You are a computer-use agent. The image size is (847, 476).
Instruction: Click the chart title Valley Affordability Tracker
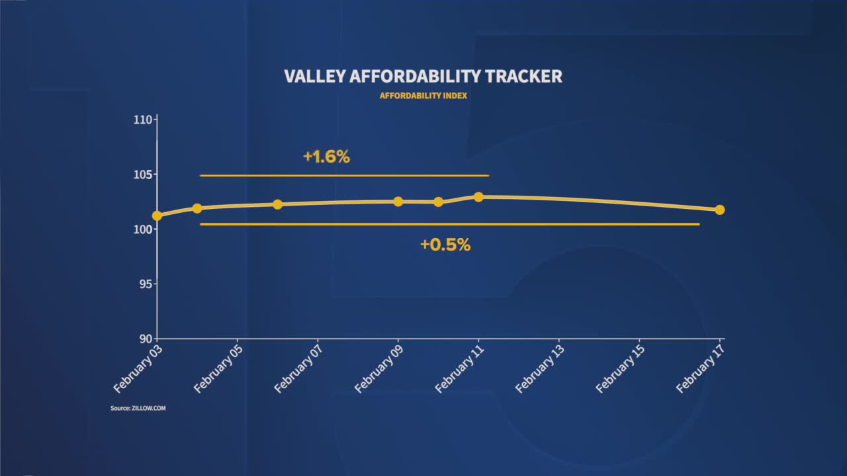click(423, 76)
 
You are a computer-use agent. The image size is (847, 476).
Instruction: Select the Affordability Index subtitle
click(423, 95)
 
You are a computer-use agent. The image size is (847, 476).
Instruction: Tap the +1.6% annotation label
click(326, 157)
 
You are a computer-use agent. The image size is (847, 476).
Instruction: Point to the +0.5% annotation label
click(445, 245)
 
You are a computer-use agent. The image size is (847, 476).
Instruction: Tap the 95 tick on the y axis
click(146, 284)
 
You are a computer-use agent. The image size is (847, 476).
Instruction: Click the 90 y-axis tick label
click(146, 338)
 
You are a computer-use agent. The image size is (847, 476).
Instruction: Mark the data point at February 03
click(157, 216)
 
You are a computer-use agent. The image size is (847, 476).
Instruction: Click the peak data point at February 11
click(478, 197)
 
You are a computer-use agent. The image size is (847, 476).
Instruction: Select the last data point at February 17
click(720, 210)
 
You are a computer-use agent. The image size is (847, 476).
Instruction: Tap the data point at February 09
click(398, 202)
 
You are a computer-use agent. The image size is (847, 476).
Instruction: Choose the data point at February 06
click(277, 204)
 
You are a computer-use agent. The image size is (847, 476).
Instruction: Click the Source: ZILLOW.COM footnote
click(138, 409)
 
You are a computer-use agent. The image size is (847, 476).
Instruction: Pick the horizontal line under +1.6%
click(344, 176)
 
